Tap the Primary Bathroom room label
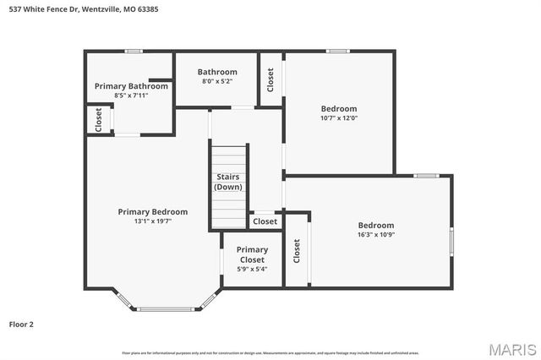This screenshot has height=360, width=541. pyautogui.click(x=131, y=86)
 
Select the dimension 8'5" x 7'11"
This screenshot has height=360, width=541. pyautogui.click(x=131, y=95)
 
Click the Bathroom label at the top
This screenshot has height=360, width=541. pyautogui.click(x=217, y=72)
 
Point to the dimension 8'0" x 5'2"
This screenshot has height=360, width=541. pyautogui.click(x=217, y=81)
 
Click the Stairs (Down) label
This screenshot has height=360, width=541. pyautogui.click(x=228, y=182)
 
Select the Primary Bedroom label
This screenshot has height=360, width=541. pyautogui.click(x=153, y=211)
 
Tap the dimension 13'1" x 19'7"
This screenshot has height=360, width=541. pyautogui.click(x=153, y=221)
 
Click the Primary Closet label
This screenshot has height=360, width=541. pyautogui.click(x=252, y=254)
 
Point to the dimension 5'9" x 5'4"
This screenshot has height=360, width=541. pyautogui.click(x=252, y=269)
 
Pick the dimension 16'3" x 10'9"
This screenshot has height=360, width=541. pyautogui.click(x=376, y=234)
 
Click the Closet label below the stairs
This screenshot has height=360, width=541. pyautogui.click(x=265, y=221)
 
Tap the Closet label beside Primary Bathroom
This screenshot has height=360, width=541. pyautogui.click(x=99, y=119)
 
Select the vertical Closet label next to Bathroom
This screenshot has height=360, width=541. pyautogui.click(x=270, y=79)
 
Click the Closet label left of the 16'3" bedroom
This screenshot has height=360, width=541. pyautogui.click(x=297, y=250)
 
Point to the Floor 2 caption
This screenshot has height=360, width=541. pyautogui.click(x=21, y=324)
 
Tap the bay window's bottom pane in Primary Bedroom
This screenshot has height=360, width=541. pyautogui.click(x=166, y=308)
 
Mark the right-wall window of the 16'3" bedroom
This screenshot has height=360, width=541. pyautogui.click(x=451, y=241)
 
